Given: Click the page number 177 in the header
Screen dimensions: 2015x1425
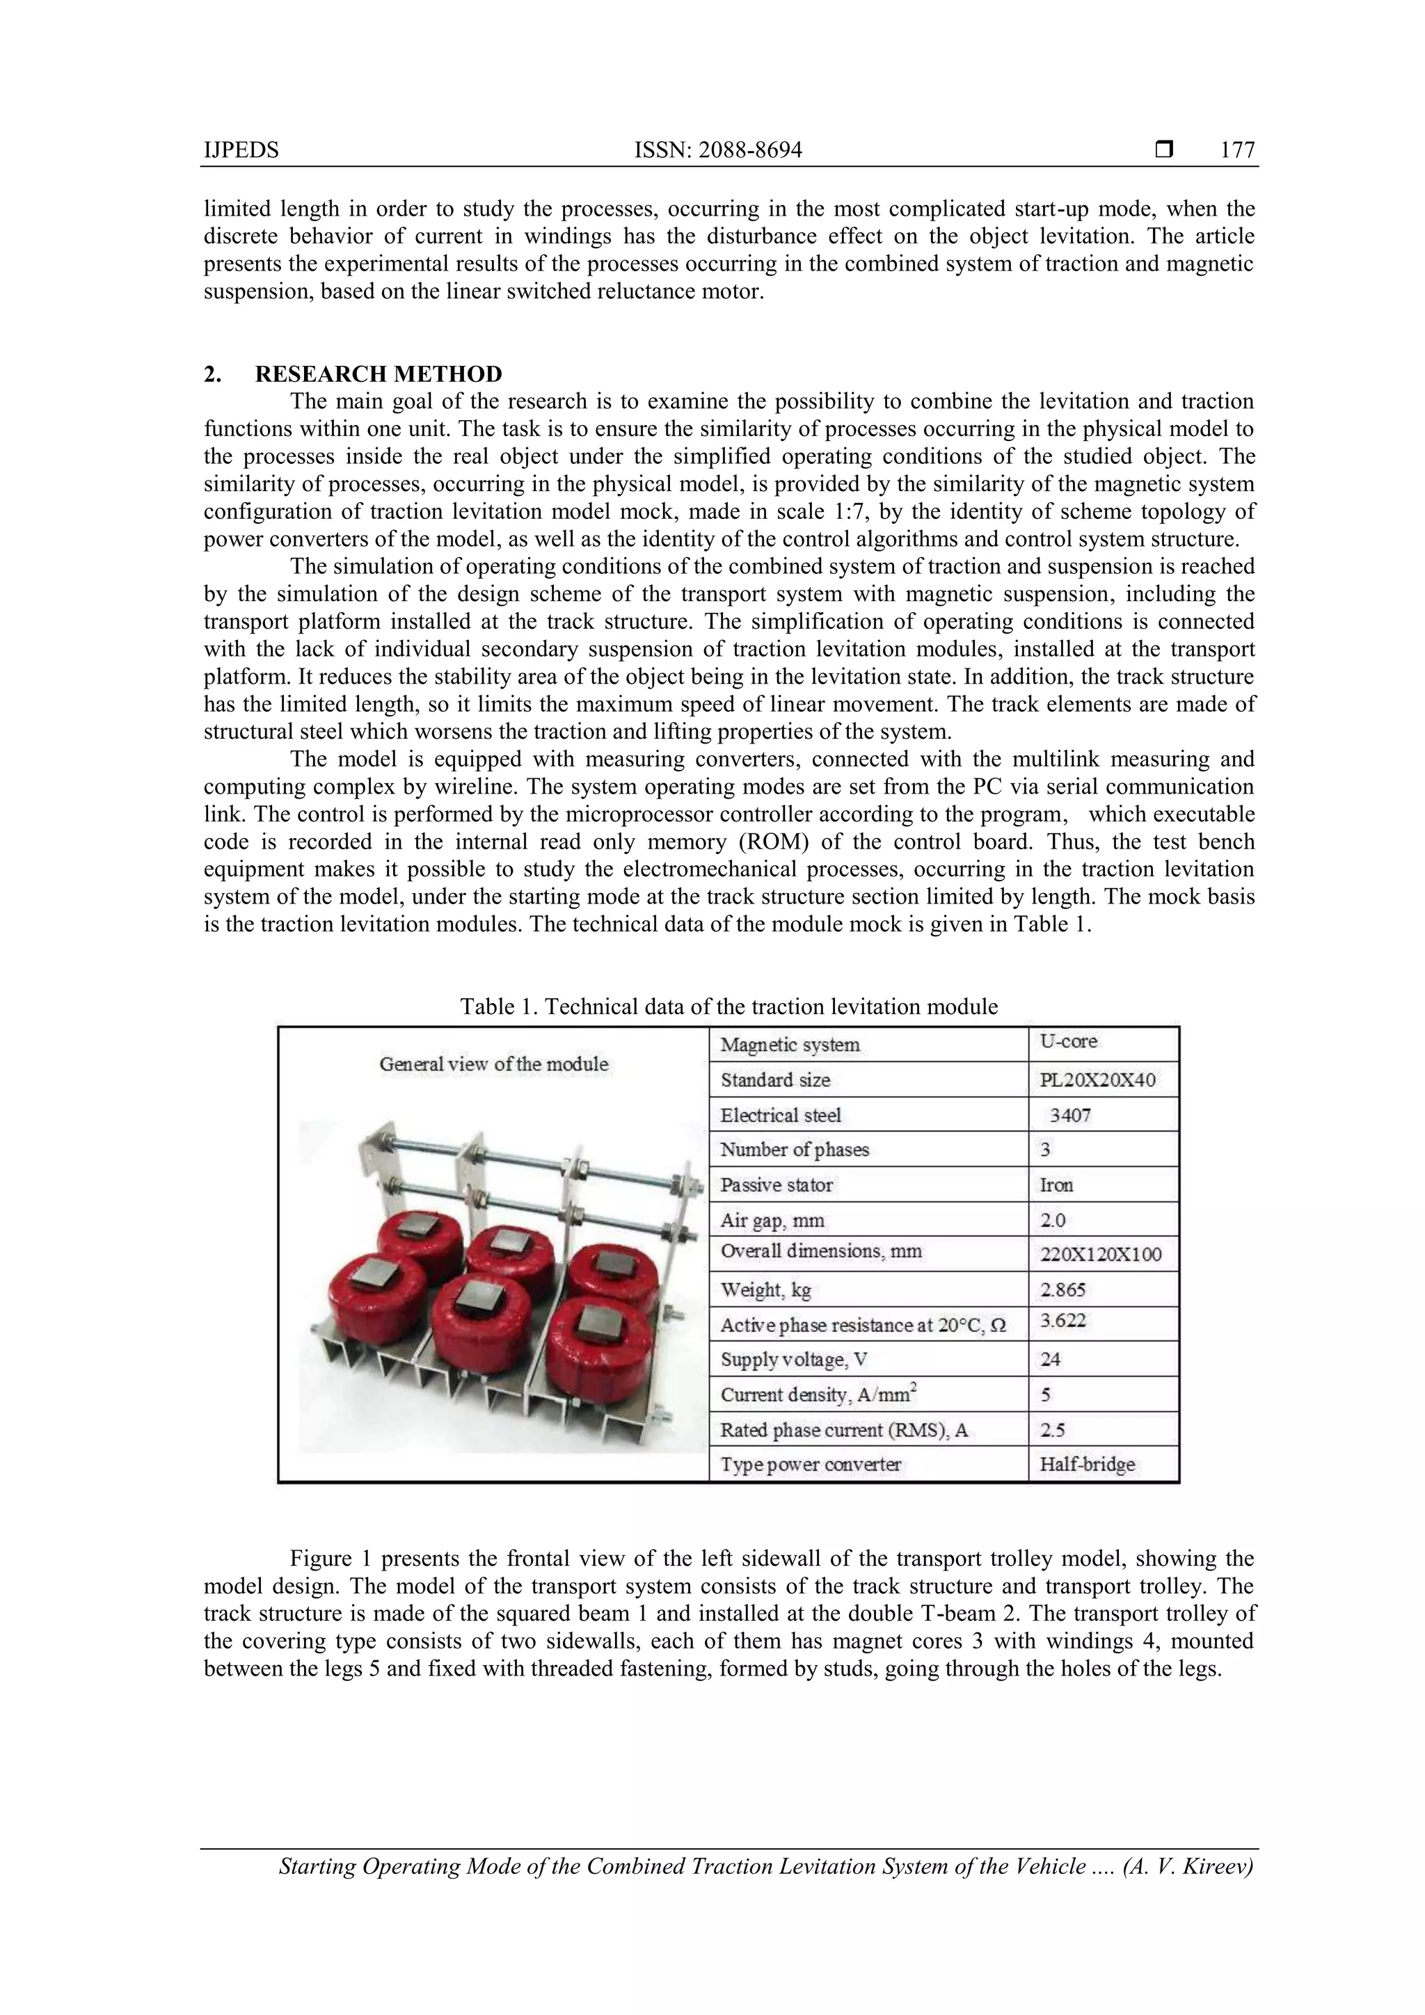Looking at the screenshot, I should click(x=1237, y=150).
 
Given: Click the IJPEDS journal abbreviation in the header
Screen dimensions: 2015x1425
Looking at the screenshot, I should click(x=241, y=150).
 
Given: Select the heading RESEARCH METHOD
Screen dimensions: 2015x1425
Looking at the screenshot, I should click(x=379, y=374).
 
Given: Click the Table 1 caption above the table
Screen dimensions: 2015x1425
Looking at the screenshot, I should click(x=729, y=1006).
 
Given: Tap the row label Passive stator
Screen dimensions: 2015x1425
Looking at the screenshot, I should click(x=776, y=1185).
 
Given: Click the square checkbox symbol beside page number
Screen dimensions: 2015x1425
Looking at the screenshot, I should click(x=1164, y=150).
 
